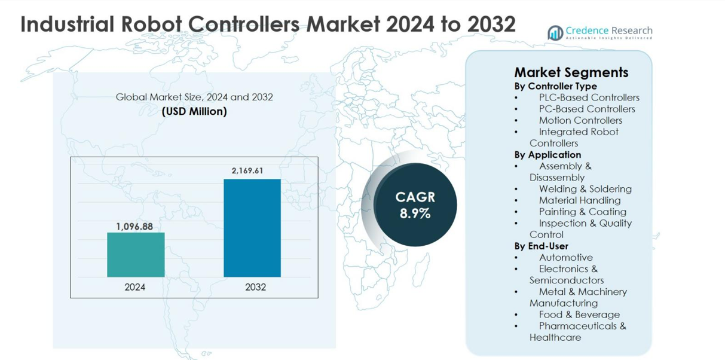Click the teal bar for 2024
(136, 254)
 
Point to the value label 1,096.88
(134, 227)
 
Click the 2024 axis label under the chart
(135, 287)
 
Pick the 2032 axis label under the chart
(255, 287)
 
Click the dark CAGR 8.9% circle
(415, 205)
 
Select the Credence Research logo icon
(555, 32)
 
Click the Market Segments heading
(571, 72)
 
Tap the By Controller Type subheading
(555, 86)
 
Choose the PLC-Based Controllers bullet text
(589, 97)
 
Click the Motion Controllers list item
(580, 120)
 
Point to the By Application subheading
(547, 154)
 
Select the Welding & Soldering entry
(585, 189)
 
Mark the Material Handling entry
(579, 200)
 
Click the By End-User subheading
(541, 246)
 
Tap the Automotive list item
(565, 258)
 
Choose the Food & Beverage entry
(579, 315)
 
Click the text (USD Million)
(194, 111)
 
